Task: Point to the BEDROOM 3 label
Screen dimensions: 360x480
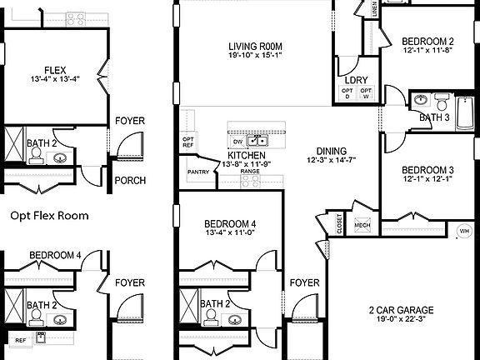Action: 427,167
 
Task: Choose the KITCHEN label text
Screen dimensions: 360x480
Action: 247,156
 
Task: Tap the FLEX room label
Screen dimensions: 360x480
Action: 56,70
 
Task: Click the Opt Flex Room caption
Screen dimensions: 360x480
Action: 49,215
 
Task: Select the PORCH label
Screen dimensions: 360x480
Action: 129,181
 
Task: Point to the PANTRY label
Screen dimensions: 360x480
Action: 197,172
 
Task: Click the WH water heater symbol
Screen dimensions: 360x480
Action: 464,231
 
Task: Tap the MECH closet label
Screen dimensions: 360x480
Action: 362,224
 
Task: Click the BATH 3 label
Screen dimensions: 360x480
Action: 433,117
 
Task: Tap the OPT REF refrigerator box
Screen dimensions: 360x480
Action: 188,142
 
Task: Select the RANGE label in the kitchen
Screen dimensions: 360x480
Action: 250,171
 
